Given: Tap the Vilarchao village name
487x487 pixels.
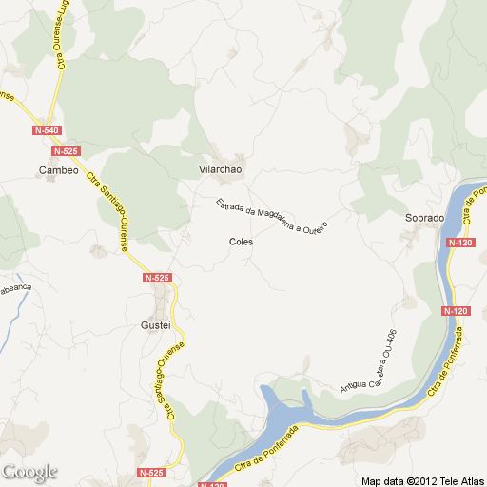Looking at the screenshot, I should click(221, 169).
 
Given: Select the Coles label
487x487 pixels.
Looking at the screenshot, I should click(241, 242).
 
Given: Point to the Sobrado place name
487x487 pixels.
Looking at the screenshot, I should click(424, 218).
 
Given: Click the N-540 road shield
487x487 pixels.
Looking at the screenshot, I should click(46, 130).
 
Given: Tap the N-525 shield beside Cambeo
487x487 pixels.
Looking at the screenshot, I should click(66, 151).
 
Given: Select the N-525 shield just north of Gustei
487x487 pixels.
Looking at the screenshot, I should click(157, 278).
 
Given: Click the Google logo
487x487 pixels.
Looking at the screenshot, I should click(29, 472).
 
